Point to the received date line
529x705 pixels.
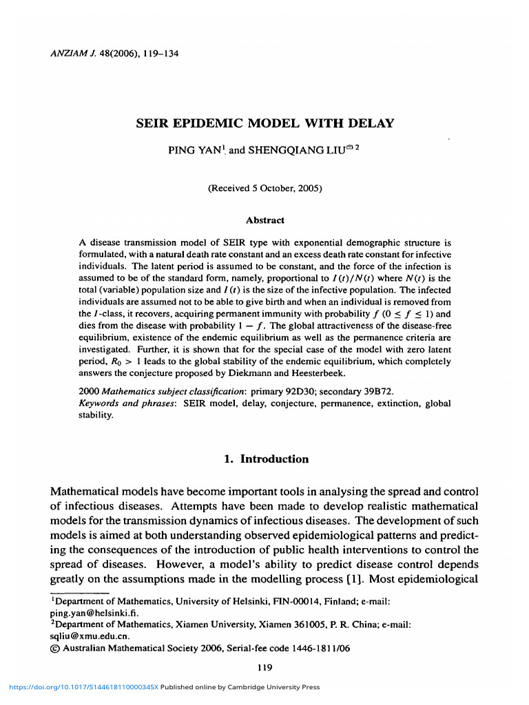265,188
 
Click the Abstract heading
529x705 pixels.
265,220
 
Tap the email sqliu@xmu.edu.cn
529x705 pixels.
81,636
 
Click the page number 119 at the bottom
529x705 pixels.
264,667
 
